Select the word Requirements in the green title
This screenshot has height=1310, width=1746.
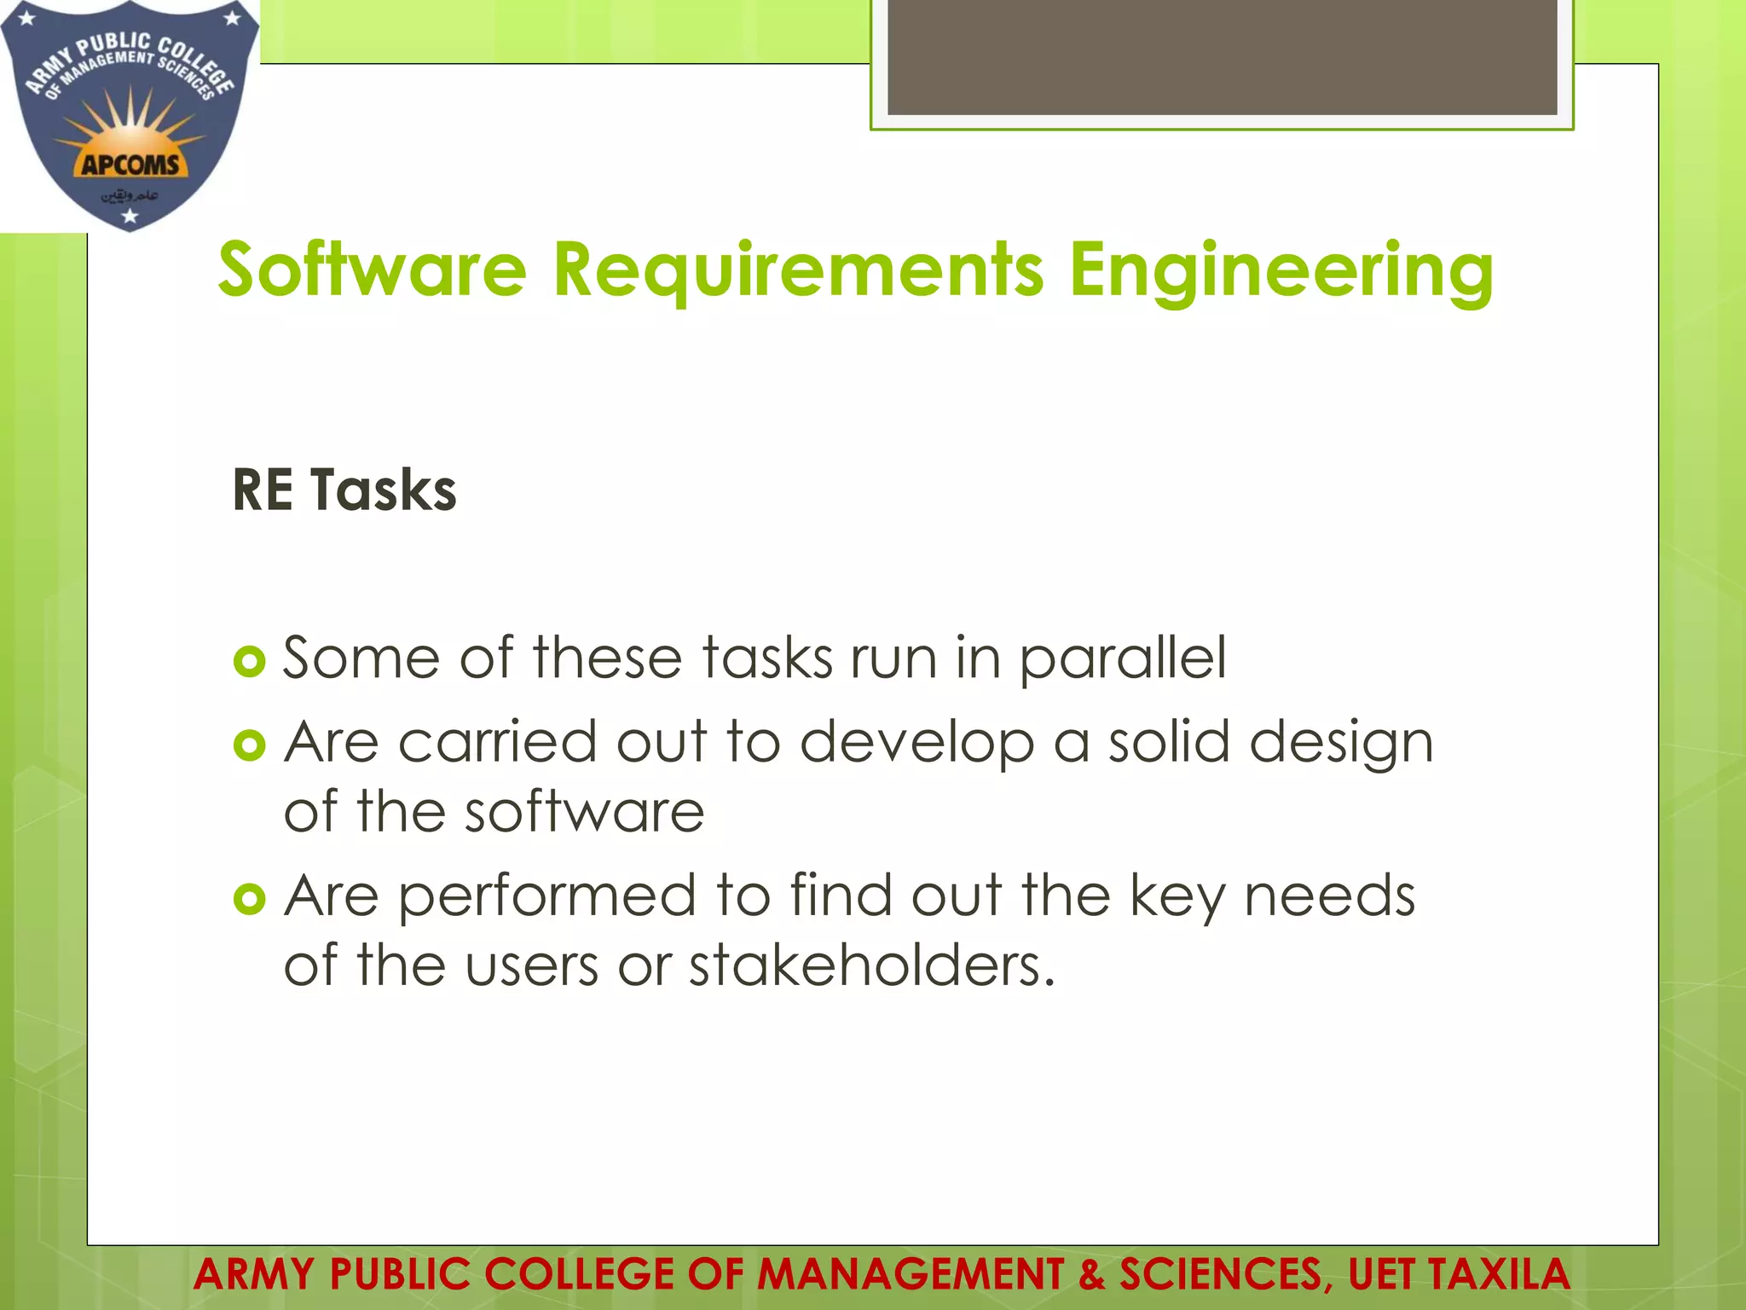point(798,271)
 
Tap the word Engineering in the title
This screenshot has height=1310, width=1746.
point(1281,271)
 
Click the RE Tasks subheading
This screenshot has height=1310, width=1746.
point(344,490)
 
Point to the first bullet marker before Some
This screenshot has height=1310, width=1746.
point(249,661)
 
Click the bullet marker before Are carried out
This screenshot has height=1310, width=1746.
point(249,745)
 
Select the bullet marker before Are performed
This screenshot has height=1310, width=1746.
point(249,899)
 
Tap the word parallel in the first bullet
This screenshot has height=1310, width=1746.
point(1123,659)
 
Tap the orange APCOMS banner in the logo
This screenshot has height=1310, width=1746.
point(130,164)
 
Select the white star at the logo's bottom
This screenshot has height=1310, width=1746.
point(130,217)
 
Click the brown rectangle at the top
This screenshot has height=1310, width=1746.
point(1222,56)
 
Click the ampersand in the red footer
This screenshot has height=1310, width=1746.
point(1090,1274)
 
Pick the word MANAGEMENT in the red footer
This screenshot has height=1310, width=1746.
point(911,1274)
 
